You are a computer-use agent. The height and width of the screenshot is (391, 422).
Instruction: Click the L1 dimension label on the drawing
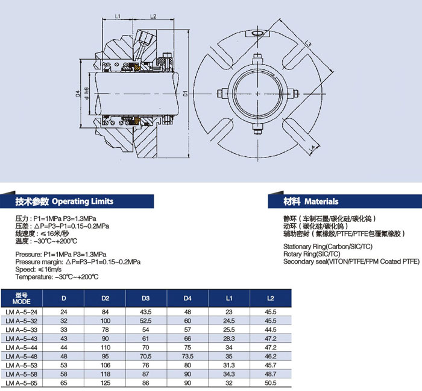(x=118, y=16)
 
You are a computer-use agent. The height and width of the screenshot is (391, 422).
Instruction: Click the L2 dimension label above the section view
(x=153, y=16)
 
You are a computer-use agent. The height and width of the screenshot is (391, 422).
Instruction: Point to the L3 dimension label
(x=309, y=43)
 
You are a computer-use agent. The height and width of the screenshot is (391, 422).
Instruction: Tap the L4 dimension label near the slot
(x=312, y=148)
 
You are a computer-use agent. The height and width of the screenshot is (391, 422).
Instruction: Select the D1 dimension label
(x=185, y=94)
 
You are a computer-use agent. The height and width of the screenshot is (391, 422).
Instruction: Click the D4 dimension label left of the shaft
(x=78, y=94)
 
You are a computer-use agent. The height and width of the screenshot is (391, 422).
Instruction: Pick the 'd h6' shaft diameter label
(x=86, y=93)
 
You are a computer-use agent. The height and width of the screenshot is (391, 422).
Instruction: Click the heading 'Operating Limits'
(x=83, y=202)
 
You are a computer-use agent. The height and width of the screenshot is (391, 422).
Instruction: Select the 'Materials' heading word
(x=321, y=202)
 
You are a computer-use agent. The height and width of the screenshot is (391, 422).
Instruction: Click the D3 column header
(x=146, y=298)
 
